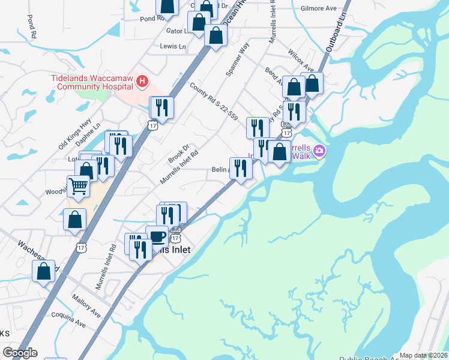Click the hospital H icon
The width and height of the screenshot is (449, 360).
[142, 80]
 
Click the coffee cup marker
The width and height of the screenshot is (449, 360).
[157, 236]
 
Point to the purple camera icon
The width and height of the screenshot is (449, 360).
[319, 151]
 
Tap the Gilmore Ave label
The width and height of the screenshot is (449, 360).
[318, 8]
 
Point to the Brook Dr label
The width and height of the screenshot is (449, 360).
[179, 154]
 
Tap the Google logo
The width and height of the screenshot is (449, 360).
[20, 353]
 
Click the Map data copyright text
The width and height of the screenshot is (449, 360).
[423, 355]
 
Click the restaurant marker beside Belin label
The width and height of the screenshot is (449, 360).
[241, 168]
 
